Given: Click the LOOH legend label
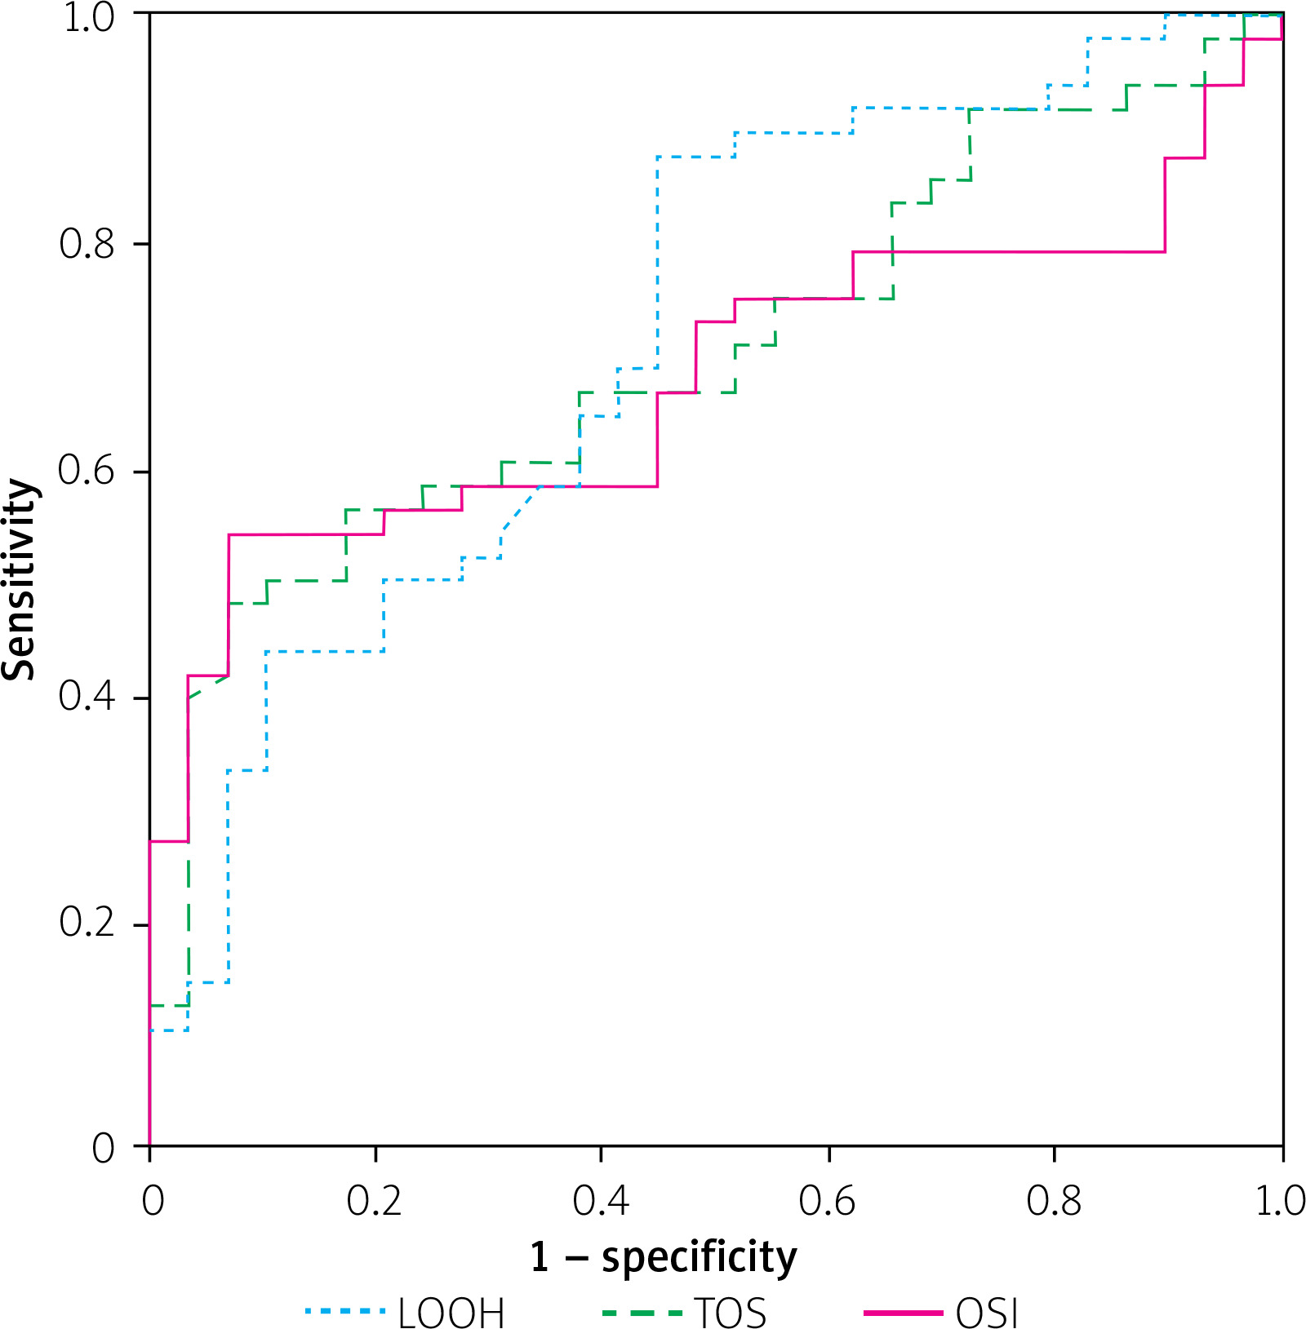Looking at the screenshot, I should click(451, 1312).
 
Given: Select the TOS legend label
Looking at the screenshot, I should click(731, 1312).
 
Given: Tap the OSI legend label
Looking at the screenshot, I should click(987, 1312).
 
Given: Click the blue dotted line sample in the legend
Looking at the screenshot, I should click(345, 1311).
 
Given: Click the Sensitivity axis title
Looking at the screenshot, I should click(20, 579).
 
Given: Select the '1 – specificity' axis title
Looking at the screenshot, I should click(663, 1256).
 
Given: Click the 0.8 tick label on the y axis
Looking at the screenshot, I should click(87, 243).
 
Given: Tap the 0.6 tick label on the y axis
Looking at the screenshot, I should click(87, 471).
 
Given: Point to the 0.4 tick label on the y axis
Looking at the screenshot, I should click(87, 698).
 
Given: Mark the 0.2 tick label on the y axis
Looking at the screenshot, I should click(87, 924).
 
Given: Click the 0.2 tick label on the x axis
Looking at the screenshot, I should click(375, 1201).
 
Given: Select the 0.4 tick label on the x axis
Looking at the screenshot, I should click(601, 1201).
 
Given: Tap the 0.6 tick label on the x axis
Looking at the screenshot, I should click(828, 1201).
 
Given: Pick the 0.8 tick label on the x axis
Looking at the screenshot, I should click(1054, 1201).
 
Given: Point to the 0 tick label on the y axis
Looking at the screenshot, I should click(104, 1148).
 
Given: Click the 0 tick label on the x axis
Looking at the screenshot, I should click(153, 1201).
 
